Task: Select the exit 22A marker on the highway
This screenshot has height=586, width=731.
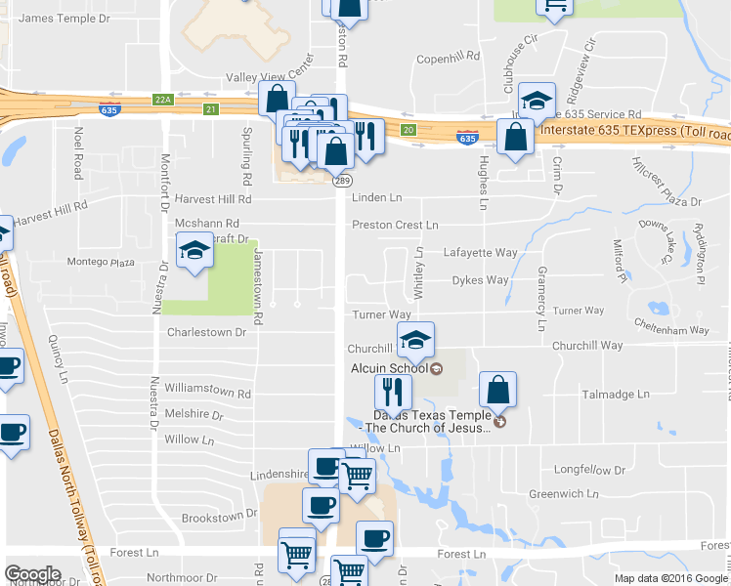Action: click(x=162, y=99)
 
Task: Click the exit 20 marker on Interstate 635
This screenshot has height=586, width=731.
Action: click(x=408, y=129)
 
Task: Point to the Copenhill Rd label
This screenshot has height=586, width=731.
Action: click(x=446, y=60)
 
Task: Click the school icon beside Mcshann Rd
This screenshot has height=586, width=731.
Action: click(x=194, y=252)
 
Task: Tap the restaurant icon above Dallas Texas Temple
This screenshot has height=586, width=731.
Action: click(x=393, y=392)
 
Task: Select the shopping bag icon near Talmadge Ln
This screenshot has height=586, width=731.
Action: click(x=498, y=389)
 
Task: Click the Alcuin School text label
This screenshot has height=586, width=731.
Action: click(x=390, y=368)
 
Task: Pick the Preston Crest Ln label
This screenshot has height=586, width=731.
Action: click(x=394, y=225)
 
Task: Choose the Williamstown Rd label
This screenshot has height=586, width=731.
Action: click(x=208, y=394)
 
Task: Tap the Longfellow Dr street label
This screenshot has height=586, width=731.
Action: click(x=589, y=470)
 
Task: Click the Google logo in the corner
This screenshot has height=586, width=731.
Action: click(x=33, y=574)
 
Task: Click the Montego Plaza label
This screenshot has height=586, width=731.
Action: click(x=101, y=263)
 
